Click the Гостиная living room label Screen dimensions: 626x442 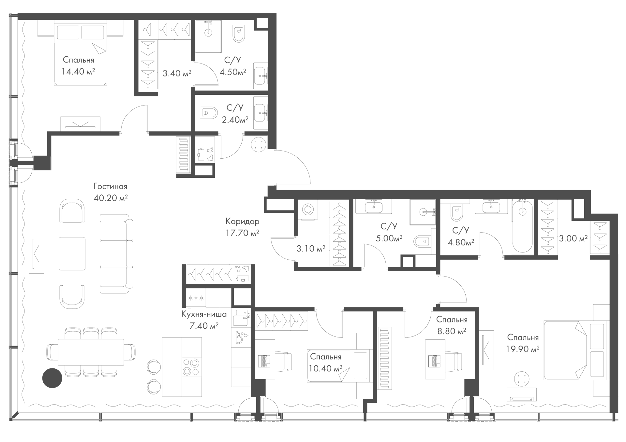110,186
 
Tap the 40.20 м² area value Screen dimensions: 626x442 110,198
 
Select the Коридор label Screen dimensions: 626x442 243,221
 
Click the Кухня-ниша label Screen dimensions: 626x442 204,314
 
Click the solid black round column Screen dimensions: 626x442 52,378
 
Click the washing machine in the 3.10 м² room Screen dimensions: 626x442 307,209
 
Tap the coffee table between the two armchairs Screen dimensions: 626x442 72,253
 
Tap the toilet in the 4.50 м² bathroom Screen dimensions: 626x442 239,34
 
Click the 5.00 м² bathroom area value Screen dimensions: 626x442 389,238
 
